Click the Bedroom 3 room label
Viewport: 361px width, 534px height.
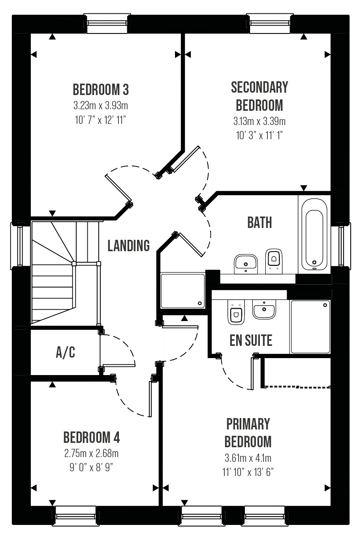pos(101,90)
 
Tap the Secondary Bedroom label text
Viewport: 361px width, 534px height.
pos(259,96)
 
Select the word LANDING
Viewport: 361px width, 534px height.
pos(129,246)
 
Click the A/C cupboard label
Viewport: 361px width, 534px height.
pos(66,352)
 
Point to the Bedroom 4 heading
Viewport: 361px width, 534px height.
pos(92,437)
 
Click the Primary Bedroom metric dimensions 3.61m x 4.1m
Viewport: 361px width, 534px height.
pos(248,458)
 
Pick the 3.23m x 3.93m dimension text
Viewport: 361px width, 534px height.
pos(101,105)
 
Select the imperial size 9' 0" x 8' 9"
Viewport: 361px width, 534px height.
pos(91,467)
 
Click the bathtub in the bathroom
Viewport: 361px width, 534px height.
pos(314,234)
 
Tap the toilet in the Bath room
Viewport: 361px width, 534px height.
pos(274,261)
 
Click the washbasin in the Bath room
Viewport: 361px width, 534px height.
pos(246,264)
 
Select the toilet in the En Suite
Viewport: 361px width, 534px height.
pos(236,312)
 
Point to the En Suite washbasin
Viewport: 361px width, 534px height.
pos(264,309)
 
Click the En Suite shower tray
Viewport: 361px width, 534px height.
pos(310,327)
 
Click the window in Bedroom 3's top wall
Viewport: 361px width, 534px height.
pos(107,23)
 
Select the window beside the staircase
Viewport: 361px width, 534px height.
pos(20,246)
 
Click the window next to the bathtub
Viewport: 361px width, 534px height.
pos(341,246)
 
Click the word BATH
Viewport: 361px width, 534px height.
pos(259,222)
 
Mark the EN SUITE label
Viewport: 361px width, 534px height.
pos(251,340)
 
